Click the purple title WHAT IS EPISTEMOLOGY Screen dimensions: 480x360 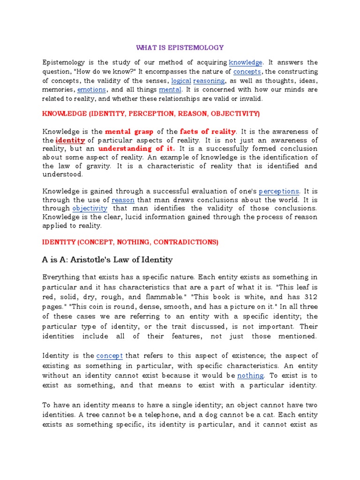tap(180, 47)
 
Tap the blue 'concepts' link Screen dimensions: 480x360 tap(247, 72)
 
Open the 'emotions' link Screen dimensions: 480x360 tap(92, 90)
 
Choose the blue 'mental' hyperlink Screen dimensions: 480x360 tap(170, 90)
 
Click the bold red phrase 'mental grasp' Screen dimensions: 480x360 tap(129, 131)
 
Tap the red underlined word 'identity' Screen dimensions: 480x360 tap(70, 140)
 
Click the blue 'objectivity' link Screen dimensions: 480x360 tap(90, 208)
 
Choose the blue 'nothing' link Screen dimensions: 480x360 tap(251, 375)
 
